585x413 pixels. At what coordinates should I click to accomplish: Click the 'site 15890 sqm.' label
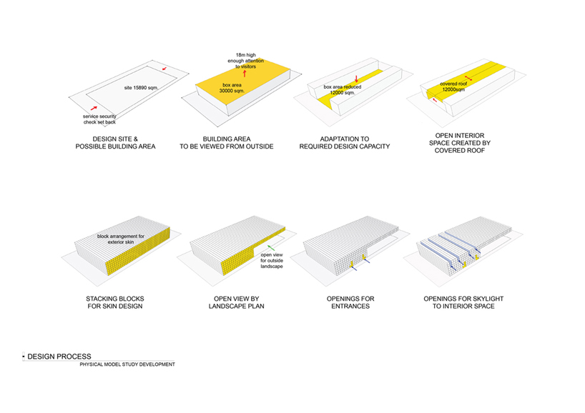[139, 87]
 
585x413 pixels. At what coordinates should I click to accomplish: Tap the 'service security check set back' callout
[100, 119]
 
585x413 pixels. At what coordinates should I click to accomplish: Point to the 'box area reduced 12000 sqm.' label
[342, 90]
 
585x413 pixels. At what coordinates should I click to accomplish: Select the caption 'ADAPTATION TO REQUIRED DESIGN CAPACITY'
[344, 142]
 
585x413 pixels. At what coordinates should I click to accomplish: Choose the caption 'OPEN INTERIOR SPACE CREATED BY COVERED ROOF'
[463, 146]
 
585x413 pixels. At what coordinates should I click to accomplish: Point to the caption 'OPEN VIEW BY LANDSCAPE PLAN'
[230, 302]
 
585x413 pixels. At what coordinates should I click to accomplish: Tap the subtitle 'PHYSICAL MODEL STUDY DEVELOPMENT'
[127, 364]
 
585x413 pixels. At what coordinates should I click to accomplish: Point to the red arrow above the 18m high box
[245, 73]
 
